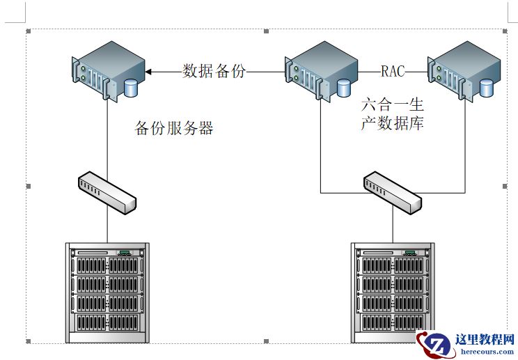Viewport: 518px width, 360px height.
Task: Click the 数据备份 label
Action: (x=214, y=71)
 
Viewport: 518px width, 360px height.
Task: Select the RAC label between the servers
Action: (x=393, y=71)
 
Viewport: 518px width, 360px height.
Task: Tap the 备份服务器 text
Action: (x=173, y=129)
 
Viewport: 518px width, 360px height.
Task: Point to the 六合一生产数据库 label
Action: (x=392, y=115)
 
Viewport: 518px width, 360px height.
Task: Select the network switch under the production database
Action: (x=392, y=193)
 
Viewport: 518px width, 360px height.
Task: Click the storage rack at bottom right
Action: (x=393, y=292)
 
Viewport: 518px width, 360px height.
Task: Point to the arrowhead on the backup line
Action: (x=150, y=71)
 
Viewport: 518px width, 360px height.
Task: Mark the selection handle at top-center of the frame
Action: (x=267, y=31)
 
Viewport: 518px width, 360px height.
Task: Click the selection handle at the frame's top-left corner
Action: (x=28, y=31)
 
